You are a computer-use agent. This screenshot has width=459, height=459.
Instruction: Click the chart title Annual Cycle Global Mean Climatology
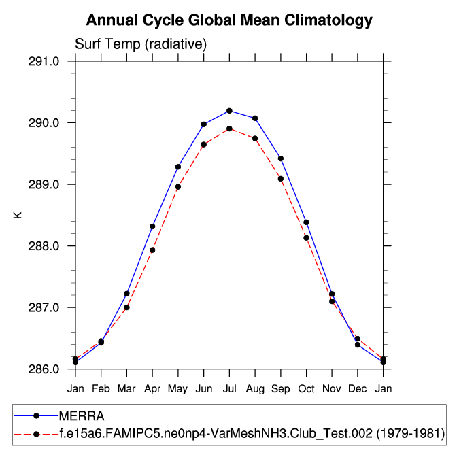229,20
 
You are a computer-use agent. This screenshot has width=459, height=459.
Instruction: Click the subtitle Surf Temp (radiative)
139,44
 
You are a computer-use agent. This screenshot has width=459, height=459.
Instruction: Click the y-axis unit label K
18,216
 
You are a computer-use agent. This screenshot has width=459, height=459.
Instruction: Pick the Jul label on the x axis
229,388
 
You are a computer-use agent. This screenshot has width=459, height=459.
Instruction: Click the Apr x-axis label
152,388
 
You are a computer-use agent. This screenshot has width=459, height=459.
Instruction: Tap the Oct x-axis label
307,388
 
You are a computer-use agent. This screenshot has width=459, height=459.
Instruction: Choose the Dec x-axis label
358,388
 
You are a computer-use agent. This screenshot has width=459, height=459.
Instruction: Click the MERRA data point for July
229,111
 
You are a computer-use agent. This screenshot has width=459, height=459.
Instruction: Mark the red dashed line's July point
229,129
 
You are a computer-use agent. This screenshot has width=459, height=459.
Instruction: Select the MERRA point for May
178,167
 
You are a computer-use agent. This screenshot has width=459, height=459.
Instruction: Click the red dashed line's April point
152,250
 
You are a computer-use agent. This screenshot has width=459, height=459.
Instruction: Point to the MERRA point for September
281,158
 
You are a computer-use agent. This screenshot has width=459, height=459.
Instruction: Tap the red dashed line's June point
203,144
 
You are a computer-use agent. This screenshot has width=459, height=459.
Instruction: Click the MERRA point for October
307,222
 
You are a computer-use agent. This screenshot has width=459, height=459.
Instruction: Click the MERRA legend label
81,415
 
